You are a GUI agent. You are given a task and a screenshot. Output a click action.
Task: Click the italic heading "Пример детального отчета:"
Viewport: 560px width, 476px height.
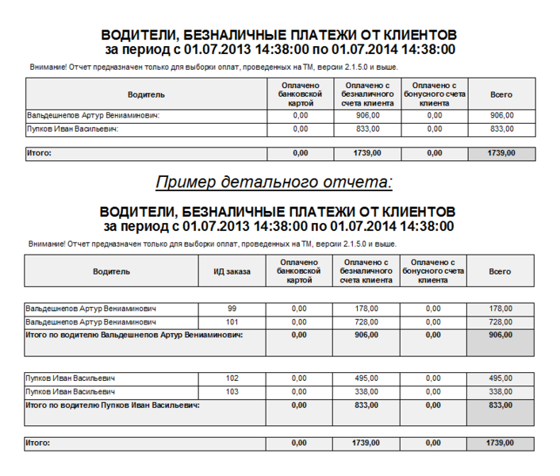(274, 182)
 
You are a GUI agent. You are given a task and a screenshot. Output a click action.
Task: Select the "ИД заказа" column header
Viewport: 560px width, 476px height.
(232, 271)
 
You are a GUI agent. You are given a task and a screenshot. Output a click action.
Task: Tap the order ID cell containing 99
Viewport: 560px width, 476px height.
(232, 309)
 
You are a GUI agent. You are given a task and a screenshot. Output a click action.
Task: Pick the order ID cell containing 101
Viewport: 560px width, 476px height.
(232, 322)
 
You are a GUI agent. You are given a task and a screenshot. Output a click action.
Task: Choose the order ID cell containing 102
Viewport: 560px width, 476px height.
(232, 378)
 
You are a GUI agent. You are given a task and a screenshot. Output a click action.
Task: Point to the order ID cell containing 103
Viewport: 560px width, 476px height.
(232, 392)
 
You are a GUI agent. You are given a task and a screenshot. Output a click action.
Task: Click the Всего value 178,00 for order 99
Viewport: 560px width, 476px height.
(501, 309)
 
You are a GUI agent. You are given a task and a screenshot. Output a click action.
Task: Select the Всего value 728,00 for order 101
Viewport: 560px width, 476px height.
(501, 322)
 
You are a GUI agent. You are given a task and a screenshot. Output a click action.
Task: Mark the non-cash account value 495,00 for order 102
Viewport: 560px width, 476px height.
(366, 378)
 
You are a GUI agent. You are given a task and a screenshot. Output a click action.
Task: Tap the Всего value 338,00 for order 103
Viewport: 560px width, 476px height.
(501, 392)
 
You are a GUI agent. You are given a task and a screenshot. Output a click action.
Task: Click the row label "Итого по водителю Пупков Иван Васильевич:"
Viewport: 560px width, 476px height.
(113, 405)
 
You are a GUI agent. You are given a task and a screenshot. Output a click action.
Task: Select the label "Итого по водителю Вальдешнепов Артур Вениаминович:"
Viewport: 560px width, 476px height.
(134, 335)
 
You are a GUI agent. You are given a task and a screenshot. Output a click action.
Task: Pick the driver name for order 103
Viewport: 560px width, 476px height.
(71, 392)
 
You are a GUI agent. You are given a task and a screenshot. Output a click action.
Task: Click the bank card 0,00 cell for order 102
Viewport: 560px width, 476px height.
(299, 378)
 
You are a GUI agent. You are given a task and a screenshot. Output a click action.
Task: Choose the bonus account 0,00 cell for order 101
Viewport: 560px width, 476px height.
(433, 322)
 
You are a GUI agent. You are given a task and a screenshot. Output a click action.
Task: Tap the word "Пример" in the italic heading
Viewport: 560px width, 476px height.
(185, 182)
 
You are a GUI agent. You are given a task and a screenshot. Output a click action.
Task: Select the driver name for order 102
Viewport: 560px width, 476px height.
(71, 378)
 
